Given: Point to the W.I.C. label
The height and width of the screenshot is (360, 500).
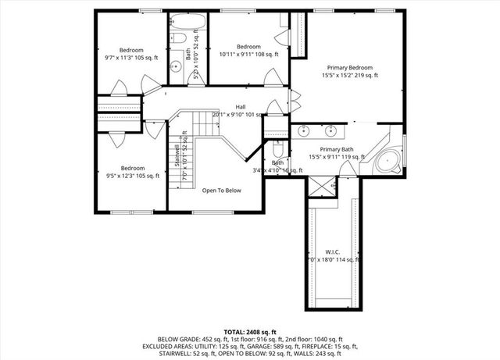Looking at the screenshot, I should coord(332,251).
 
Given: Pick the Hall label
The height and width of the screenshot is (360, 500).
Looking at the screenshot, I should coord(241,108).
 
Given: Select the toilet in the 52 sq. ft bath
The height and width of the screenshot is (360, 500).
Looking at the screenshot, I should coord(177,38).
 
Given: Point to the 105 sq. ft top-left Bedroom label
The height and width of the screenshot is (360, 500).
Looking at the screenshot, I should coord(131,50).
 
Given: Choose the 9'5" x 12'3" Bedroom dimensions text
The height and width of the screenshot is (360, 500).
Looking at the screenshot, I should coord(132,176).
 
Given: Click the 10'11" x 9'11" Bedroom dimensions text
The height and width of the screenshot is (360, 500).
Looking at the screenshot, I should coord(248,55).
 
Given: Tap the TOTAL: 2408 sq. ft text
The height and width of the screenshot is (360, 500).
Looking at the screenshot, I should coord(250,331).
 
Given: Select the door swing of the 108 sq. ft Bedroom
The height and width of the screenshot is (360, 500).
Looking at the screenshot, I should coord(271,77).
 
